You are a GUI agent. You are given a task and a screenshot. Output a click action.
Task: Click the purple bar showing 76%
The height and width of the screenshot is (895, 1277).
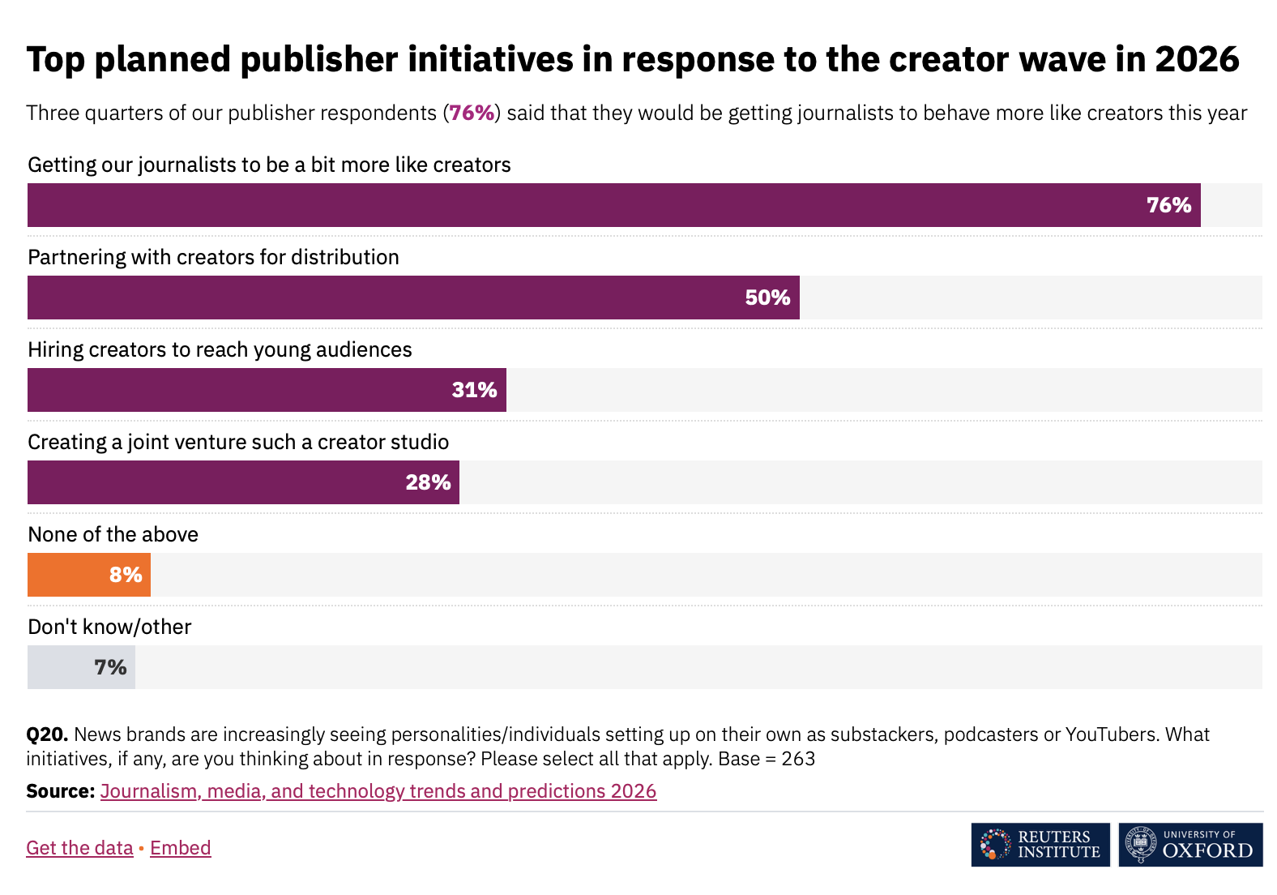(613, 205)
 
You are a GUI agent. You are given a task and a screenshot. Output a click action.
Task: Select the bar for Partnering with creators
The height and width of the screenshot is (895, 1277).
(413, 298)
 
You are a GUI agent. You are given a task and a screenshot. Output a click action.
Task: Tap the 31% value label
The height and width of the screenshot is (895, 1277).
(474, 390)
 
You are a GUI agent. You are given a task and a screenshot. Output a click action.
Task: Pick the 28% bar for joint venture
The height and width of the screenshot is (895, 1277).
(243, 482)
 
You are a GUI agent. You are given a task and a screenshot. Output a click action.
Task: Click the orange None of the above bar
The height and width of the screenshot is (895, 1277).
(89, 575)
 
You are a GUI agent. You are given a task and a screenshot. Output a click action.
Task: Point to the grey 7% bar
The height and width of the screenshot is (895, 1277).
(81, 667)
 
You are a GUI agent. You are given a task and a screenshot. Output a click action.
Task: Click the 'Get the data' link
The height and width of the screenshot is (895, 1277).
(79, 847)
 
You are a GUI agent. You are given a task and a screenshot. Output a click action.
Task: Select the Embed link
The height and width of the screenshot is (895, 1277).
(180, 847)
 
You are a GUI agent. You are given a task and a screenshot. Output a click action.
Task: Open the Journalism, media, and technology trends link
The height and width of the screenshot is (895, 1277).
(378, 790)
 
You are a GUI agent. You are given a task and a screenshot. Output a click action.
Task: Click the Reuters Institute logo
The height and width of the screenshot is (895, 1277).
(1040, 845)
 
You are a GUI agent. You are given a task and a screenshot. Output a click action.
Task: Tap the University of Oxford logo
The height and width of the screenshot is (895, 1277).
(1190, 845)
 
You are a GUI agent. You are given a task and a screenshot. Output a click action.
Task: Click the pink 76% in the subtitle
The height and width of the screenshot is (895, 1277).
(472, 113)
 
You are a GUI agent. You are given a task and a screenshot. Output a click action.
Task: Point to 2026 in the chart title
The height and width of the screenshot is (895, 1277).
(1197, 59)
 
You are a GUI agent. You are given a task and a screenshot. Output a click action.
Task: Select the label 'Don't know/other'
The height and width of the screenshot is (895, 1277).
(109, 627)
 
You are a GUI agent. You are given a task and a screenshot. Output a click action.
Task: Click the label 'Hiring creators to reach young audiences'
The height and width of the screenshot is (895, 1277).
(220, 349)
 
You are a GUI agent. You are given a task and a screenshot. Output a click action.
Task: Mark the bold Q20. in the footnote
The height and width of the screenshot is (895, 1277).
(47, 734)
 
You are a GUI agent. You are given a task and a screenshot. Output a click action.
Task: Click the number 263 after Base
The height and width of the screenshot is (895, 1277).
(798, 759)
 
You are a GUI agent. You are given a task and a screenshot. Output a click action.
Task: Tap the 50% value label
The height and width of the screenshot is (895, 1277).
(767, 298)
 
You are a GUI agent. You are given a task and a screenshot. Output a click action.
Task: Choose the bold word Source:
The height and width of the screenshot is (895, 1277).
(61, 790)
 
